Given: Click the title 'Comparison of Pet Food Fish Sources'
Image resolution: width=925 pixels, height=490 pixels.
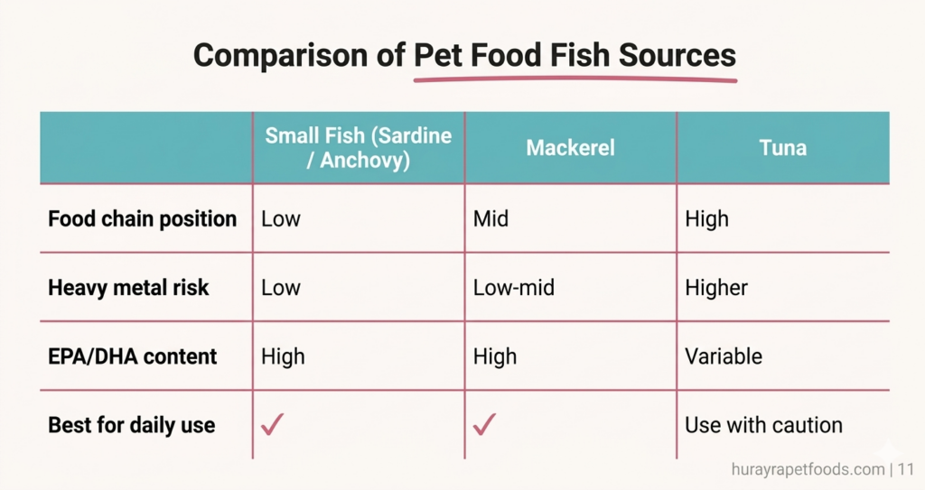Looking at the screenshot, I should (x=465, y=56).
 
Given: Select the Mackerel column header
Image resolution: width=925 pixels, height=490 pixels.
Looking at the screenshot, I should (x=570, y=148).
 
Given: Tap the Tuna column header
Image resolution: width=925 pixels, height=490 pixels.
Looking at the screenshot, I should (x=782, y=148).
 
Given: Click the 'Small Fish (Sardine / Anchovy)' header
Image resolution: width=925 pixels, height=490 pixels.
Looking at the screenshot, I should (x=359, y=148).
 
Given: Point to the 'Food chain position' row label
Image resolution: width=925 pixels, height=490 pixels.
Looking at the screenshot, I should (x=142, y=219).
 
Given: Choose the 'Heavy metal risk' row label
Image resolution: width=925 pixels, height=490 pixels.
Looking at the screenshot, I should (x=128, y=288).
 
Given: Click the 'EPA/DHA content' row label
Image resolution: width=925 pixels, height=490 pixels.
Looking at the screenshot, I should (x=132, y=356).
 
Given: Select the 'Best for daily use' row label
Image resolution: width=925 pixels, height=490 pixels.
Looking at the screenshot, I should (x=131, y=425).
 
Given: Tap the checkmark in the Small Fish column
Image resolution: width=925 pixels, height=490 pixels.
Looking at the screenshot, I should (x=271, y=424).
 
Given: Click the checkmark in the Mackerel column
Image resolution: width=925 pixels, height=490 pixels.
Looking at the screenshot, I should (x=484, y=424).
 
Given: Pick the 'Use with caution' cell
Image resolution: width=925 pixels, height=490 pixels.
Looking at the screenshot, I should (x=763, y=425).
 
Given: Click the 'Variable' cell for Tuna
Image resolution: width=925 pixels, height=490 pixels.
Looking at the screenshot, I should (x=723, y=356).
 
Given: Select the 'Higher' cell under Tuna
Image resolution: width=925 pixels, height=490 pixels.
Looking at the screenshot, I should (x=716, y=288).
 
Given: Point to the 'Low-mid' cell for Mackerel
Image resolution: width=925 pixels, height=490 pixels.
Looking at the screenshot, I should (x=514, y=288).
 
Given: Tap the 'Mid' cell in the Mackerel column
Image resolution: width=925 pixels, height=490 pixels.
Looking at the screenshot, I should (x=491, y=219).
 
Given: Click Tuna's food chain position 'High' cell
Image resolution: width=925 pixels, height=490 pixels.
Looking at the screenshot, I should (x=706, y=219).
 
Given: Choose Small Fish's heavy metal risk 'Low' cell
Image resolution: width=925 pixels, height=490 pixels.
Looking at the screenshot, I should (x=280, y=288).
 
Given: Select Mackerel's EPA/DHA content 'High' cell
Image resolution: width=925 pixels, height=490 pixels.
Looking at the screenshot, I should (x=495, y=356).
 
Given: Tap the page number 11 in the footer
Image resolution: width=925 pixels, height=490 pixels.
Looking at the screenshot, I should (x=906, y=469).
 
